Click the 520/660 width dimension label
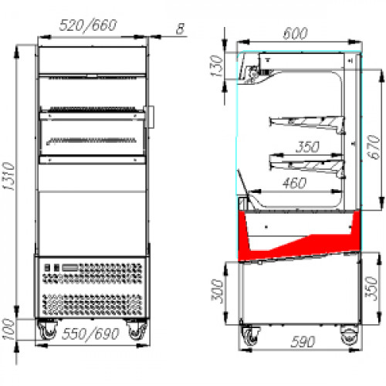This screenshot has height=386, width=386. [x=88, y=25]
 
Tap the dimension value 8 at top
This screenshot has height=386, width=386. [x=181, y=29]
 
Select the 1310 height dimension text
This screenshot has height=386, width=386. [x=8, y=176]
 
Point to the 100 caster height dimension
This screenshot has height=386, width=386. [x=8, y=330]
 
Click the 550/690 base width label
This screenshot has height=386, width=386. [x=90, y=334]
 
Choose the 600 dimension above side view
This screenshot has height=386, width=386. [x=295, y=33]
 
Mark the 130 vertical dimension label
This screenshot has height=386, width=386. [x=216, y=66]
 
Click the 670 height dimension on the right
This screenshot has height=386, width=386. [x=374, y=147]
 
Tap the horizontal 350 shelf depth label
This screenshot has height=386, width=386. [x=307, y=147]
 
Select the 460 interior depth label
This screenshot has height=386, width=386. [x=294, y=183]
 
